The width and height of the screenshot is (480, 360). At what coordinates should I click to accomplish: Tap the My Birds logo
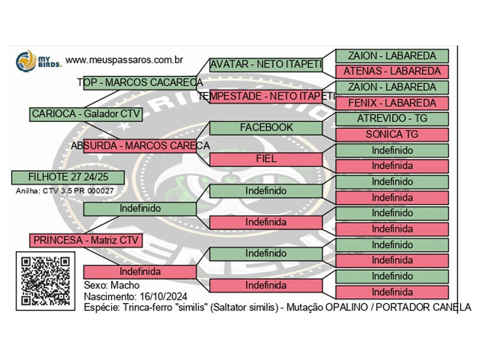pos(37,61)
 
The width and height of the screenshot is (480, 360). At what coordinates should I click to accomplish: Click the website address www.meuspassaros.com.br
pos(124,60)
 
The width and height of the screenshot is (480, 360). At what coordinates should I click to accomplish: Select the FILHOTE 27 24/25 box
pos(68,177)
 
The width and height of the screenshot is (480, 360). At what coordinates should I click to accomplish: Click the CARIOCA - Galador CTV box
pos(86,114)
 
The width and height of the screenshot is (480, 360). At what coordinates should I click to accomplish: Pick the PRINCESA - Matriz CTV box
pos(86,240)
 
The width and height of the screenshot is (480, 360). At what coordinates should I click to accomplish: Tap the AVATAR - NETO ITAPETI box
pos(266,65)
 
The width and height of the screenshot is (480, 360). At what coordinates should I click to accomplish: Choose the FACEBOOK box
pos(266,128)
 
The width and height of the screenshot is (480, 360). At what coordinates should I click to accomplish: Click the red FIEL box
pos(266,159)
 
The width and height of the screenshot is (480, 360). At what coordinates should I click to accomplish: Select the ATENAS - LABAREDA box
pos(392,71)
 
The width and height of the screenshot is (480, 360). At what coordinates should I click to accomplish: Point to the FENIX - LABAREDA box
pos(392,103)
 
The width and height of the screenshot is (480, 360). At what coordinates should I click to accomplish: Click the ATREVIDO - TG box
pos(392,119)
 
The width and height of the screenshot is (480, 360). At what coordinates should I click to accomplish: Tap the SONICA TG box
pos(392,134)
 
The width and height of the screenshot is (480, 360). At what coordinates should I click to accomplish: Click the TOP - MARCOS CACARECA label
pos(140,82)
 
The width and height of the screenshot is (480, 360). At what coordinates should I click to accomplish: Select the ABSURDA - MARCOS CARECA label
pos(140,146)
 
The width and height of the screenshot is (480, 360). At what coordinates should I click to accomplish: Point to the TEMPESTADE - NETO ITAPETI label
pos(266,96)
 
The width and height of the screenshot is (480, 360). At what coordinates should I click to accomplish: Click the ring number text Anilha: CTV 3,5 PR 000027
pos(65,191)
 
